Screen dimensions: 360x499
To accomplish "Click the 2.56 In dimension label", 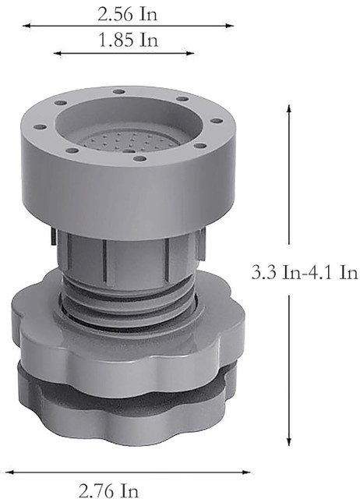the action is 128,15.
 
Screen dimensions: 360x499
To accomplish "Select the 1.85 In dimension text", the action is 129,40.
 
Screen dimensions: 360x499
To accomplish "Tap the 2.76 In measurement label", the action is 108,490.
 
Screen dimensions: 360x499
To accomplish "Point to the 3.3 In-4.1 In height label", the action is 305,273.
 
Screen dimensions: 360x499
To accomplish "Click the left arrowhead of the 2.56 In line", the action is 26,26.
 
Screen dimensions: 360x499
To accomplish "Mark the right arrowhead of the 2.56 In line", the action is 230,26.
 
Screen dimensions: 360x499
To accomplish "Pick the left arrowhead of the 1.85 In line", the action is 57,53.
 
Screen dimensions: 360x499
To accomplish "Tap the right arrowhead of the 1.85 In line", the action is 190,53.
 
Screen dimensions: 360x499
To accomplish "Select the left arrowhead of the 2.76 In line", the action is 9,472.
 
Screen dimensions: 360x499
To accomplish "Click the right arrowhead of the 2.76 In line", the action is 246,472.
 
